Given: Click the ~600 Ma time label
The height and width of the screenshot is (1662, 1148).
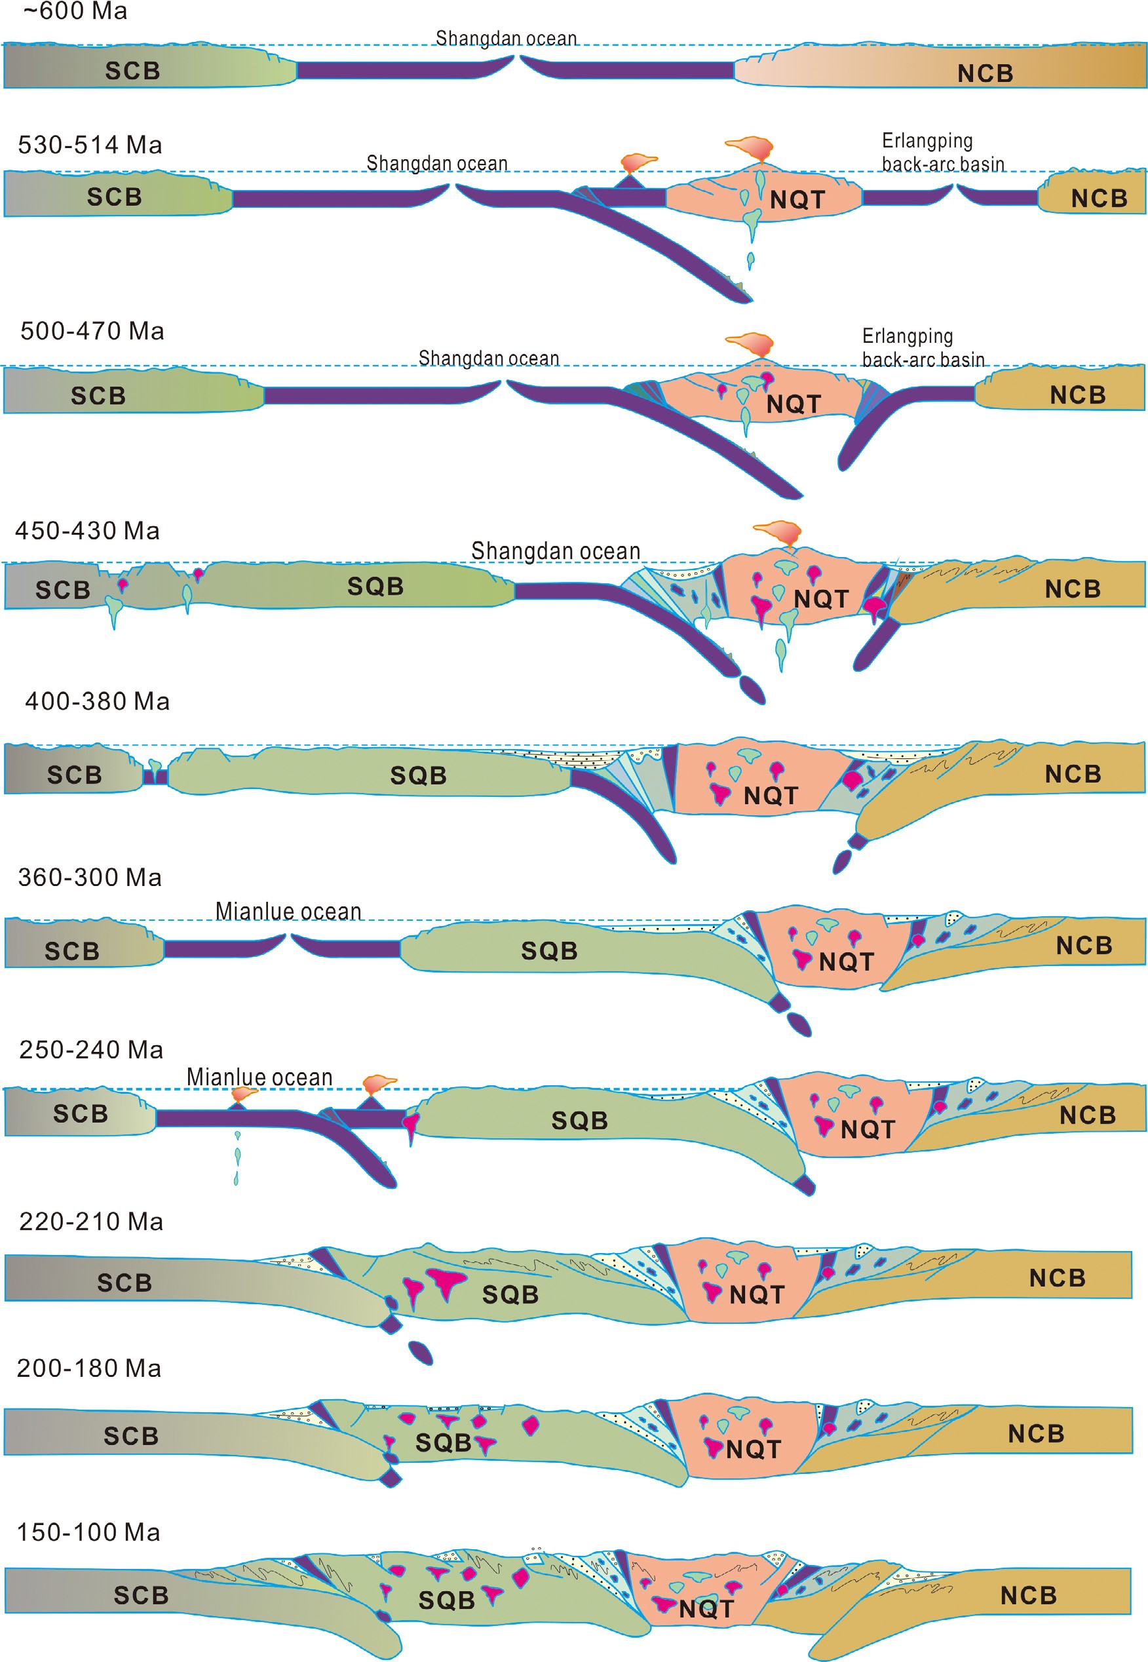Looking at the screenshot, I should (75, 12).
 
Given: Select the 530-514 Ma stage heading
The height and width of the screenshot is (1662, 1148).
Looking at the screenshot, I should (90, 145).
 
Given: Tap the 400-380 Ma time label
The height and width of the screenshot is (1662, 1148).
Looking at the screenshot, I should (97, 701).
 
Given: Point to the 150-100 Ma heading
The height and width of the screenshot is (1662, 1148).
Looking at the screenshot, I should (88, 1532).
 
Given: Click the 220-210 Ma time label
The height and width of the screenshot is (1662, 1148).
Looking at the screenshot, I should (90, 1221).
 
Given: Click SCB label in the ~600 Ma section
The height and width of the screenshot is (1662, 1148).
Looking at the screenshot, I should (132, 71).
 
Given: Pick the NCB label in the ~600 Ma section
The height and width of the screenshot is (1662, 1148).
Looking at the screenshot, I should (985, 73).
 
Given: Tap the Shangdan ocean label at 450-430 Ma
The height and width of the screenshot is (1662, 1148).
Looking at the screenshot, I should (555, 551).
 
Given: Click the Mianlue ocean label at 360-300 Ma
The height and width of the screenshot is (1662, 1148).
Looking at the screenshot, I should (288, 911).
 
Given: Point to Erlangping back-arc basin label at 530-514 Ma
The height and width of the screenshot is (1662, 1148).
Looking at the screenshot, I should (942, 152).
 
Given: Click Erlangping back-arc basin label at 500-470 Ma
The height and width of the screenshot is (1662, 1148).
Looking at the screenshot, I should (923, 347).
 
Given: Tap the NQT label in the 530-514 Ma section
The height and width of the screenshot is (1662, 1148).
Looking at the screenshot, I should (797, 199).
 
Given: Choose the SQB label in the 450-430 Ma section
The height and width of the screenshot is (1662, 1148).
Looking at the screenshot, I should (375, 587).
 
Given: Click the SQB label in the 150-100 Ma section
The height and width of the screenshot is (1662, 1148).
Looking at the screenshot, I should (446, 1600).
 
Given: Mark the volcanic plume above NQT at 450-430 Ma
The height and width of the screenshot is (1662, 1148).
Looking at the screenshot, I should (778, 532).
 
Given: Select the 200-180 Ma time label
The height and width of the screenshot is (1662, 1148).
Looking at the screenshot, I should (89, 1368).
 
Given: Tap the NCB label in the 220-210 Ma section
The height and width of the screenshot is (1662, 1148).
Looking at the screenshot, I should (1057, 1278).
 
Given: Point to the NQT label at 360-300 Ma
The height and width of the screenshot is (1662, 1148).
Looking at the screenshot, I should (846, 961).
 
